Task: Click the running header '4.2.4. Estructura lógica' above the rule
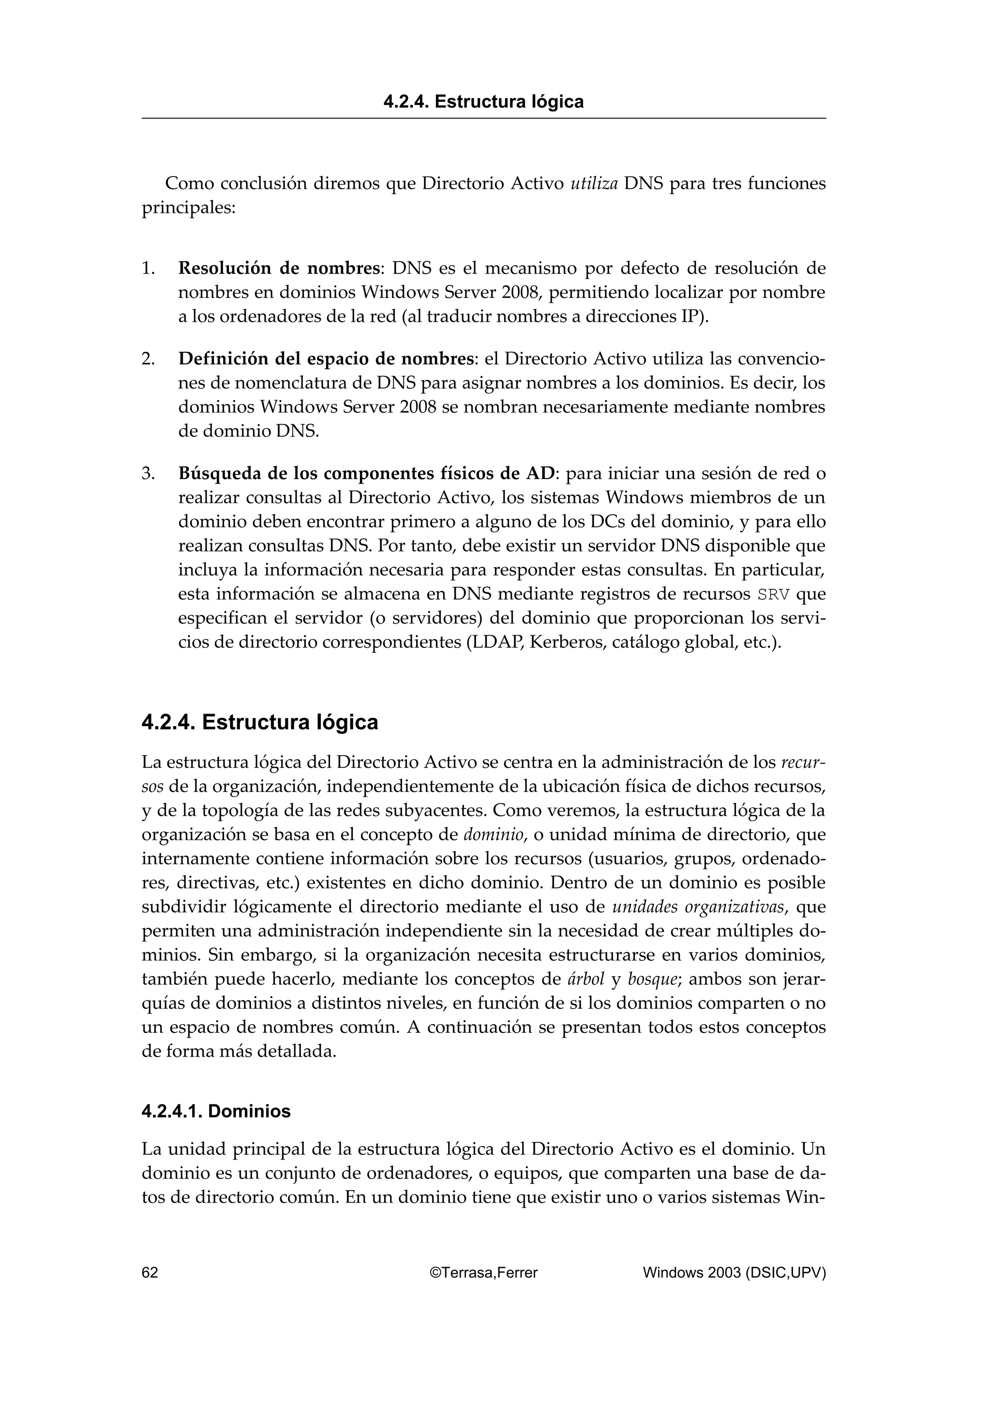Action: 483,102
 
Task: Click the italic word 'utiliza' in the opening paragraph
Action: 594,183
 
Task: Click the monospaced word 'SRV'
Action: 772,594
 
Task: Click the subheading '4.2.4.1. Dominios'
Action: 216,1111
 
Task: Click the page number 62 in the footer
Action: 150,1272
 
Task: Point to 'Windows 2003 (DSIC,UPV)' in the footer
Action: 734,1272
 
